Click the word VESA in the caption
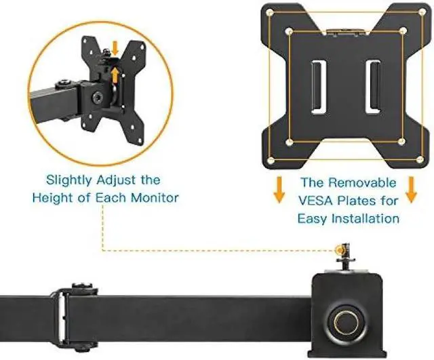click(x=319, y=200)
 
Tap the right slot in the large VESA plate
click(x=372, y=89)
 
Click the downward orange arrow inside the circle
click(x=115, y=47)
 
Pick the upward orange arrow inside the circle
click(x=115, y=73)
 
